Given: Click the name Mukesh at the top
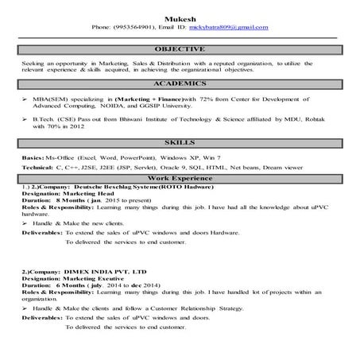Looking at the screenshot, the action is click(x=180, y=17).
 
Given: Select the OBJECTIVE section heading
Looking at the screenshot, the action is click(x=180, y=49).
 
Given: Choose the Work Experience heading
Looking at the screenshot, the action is click(x=180, y=179).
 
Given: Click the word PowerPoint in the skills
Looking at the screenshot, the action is click(x=146, y=157).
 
